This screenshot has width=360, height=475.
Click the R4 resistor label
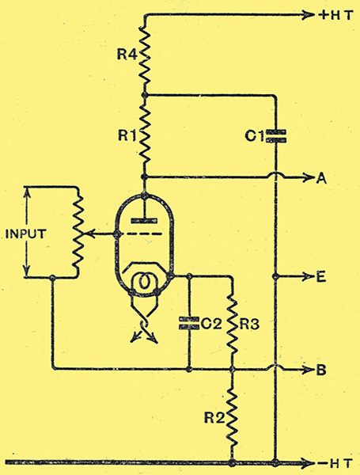click(127, 55)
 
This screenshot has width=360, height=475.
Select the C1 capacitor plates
click(276, 136)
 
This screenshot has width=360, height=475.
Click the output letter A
click(321, 179)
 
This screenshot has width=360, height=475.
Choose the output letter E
click(321, 276)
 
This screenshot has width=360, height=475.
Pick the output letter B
click(321, 370)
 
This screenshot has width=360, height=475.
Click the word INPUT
click(26, 234)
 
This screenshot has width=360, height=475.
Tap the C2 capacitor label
click(211, 324)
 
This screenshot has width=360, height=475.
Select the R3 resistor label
click(250, 325)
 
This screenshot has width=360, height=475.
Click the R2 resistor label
click(214, 418)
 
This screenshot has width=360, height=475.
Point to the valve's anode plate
click(144, 221)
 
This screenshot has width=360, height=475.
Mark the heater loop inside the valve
click(144, 283)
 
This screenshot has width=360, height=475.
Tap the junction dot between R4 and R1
click(145, 96)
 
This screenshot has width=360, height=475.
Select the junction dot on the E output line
click(275, 276)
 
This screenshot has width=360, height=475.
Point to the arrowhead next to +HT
click(309, 14)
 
